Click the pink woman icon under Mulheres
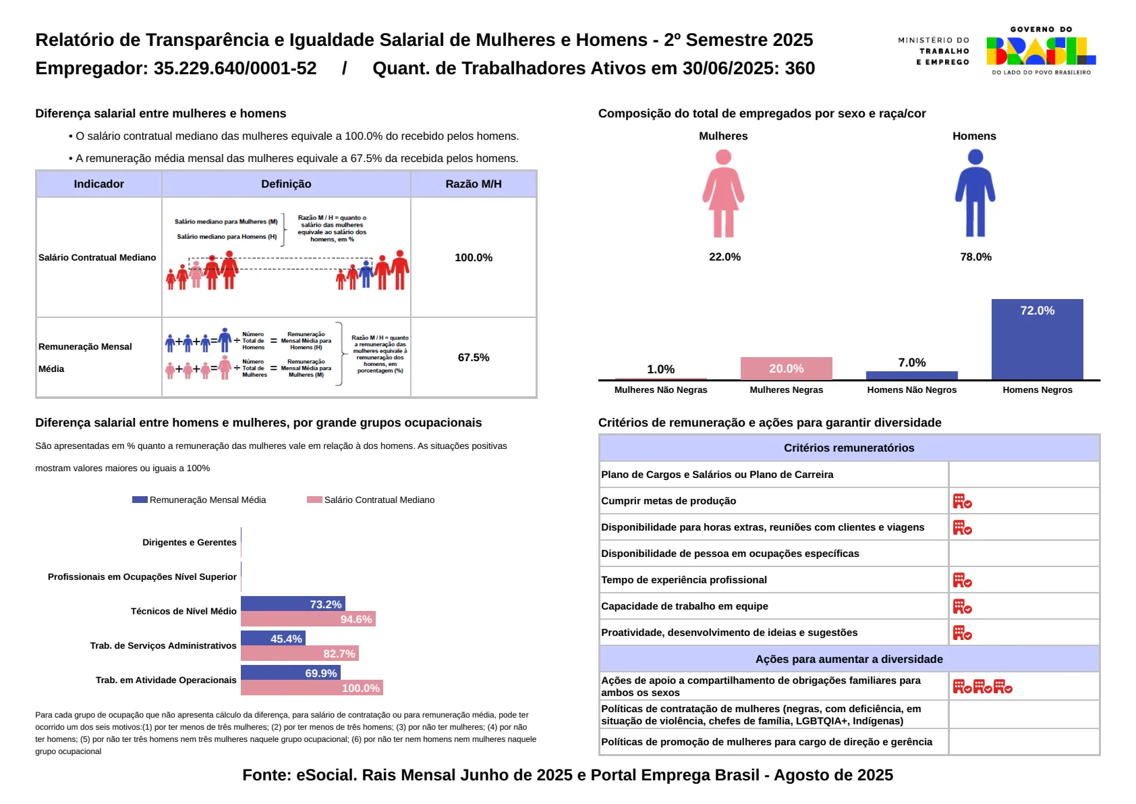pyautogui.click(x=723, y=194)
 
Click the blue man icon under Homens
pyautogui.click(x=975, y=194)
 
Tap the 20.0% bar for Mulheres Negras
pyautogui.click(x=786, y=369)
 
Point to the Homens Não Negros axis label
pyautogui.click(x=911, y=390)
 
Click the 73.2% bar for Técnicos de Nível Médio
pyautogui.click(x=293, y=604)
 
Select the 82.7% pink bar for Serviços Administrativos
pyautogui.click(x=300, y=653)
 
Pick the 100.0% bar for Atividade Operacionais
pyautogui.click(x=312, y=688)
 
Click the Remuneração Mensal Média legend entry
pyautogui.click(x=200, y=500)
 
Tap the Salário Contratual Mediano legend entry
pyautogui.click(x=371, y=500)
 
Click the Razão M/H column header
pyautogui.click(x=474, y=184)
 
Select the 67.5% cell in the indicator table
pyautogui.click(x=474, y=357)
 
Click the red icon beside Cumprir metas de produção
pyautogui.click(x=962, y=501)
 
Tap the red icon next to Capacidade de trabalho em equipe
pyautogui.click(x=962, y=606)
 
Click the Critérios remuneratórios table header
pyautogui.click(x=849, y=448)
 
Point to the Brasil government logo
pyautogui.click(x=1041, y=51)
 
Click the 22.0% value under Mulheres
pyautogui.click(x=725, y=257)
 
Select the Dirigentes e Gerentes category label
pyautogui.click(x=190, y=542)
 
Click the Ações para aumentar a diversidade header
pyautogui.click(x=849, y=659)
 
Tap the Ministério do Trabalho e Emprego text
pyautogui.click(x=934, y=51)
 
